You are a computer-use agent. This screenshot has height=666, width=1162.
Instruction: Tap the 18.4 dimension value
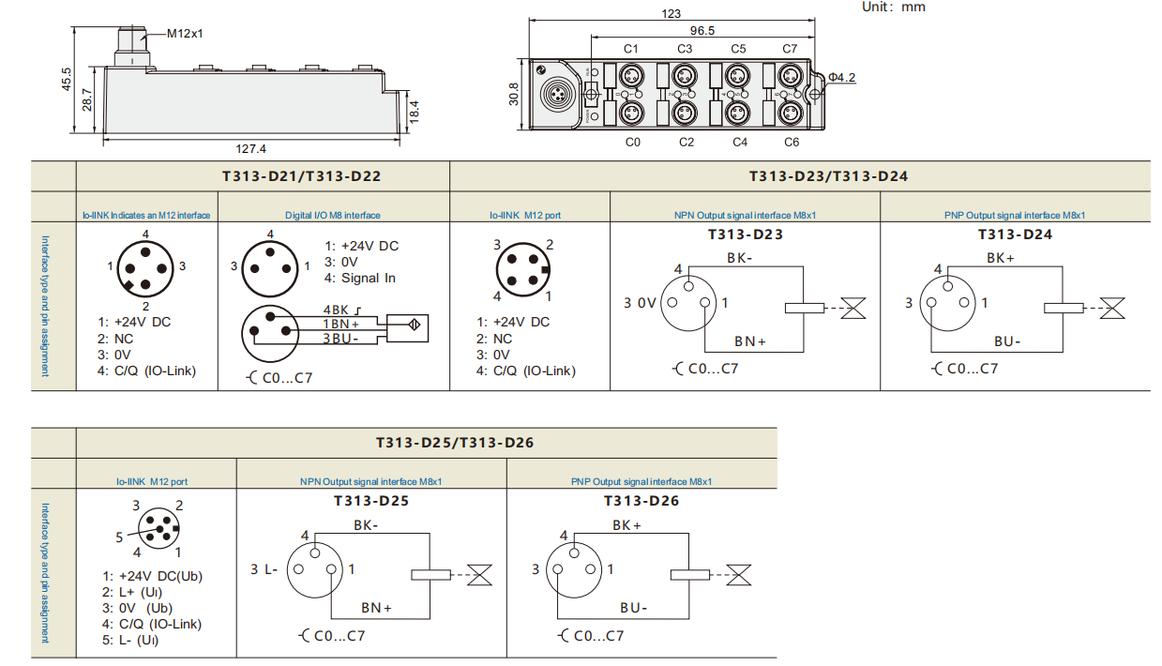[x=414, y=110]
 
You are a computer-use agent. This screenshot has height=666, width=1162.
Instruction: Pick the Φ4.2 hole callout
[x=841, y=78]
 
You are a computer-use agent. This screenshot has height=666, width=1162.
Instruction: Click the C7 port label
[x=790, y=49]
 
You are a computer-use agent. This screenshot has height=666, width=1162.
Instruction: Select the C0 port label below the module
[x=632, y=142]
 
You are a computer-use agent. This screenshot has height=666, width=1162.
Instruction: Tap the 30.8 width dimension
[x=514, y=95]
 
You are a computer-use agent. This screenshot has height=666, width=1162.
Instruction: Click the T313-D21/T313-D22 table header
[x=262, y=175]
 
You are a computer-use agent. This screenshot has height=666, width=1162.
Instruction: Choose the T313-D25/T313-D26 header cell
[x=455, y=442]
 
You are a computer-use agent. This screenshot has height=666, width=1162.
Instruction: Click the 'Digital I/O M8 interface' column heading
[x=333, y=216]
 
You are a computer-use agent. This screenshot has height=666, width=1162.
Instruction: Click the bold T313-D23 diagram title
[x=745, y=235]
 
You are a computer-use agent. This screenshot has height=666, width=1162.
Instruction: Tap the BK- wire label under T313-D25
[x=366, y=526]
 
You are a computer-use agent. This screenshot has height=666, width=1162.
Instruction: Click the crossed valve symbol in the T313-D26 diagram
[x=741, y=575]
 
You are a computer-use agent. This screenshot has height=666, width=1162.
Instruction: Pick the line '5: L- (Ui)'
[x=130, y=641]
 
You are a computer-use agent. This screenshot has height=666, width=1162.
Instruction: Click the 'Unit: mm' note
[x=893, y=8]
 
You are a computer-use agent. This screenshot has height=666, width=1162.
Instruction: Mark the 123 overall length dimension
[x=672, y=14]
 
